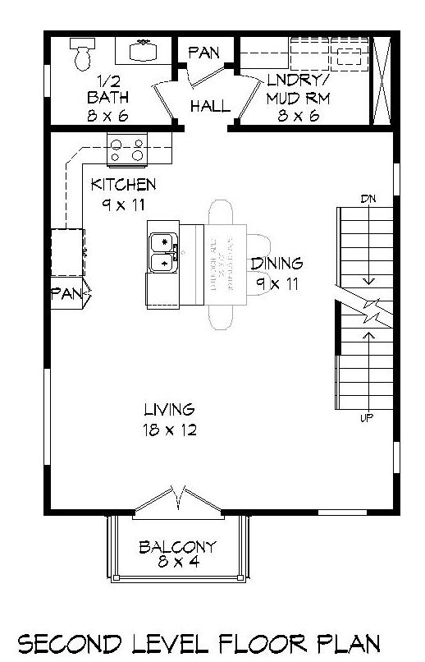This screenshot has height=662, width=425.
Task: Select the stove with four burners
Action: (x=127, y=149)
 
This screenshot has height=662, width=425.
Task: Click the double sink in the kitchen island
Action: (x=163, y=252)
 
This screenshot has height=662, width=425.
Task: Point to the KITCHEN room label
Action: (x=123, y=184)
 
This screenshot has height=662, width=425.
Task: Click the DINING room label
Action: (x=276, y=264)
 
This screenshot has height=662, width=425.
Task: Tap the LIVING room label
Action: (x=169, y=408)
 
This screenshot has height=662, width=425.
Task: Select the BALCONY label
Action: (x=177, y=546)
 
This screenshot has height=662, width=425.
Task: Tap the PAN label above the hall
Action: (x=203, y=53)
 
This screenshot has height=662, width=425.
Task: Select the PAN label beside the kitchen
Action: (x=66, y=292)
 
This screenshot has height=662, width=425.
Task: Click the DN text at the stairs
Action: (x=368, y=199)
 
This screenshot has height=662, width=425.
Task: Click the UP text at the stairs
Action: (x=368, y=418)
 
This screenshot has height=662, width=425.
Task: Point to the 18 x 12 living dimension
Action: (x=169, y=430)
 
